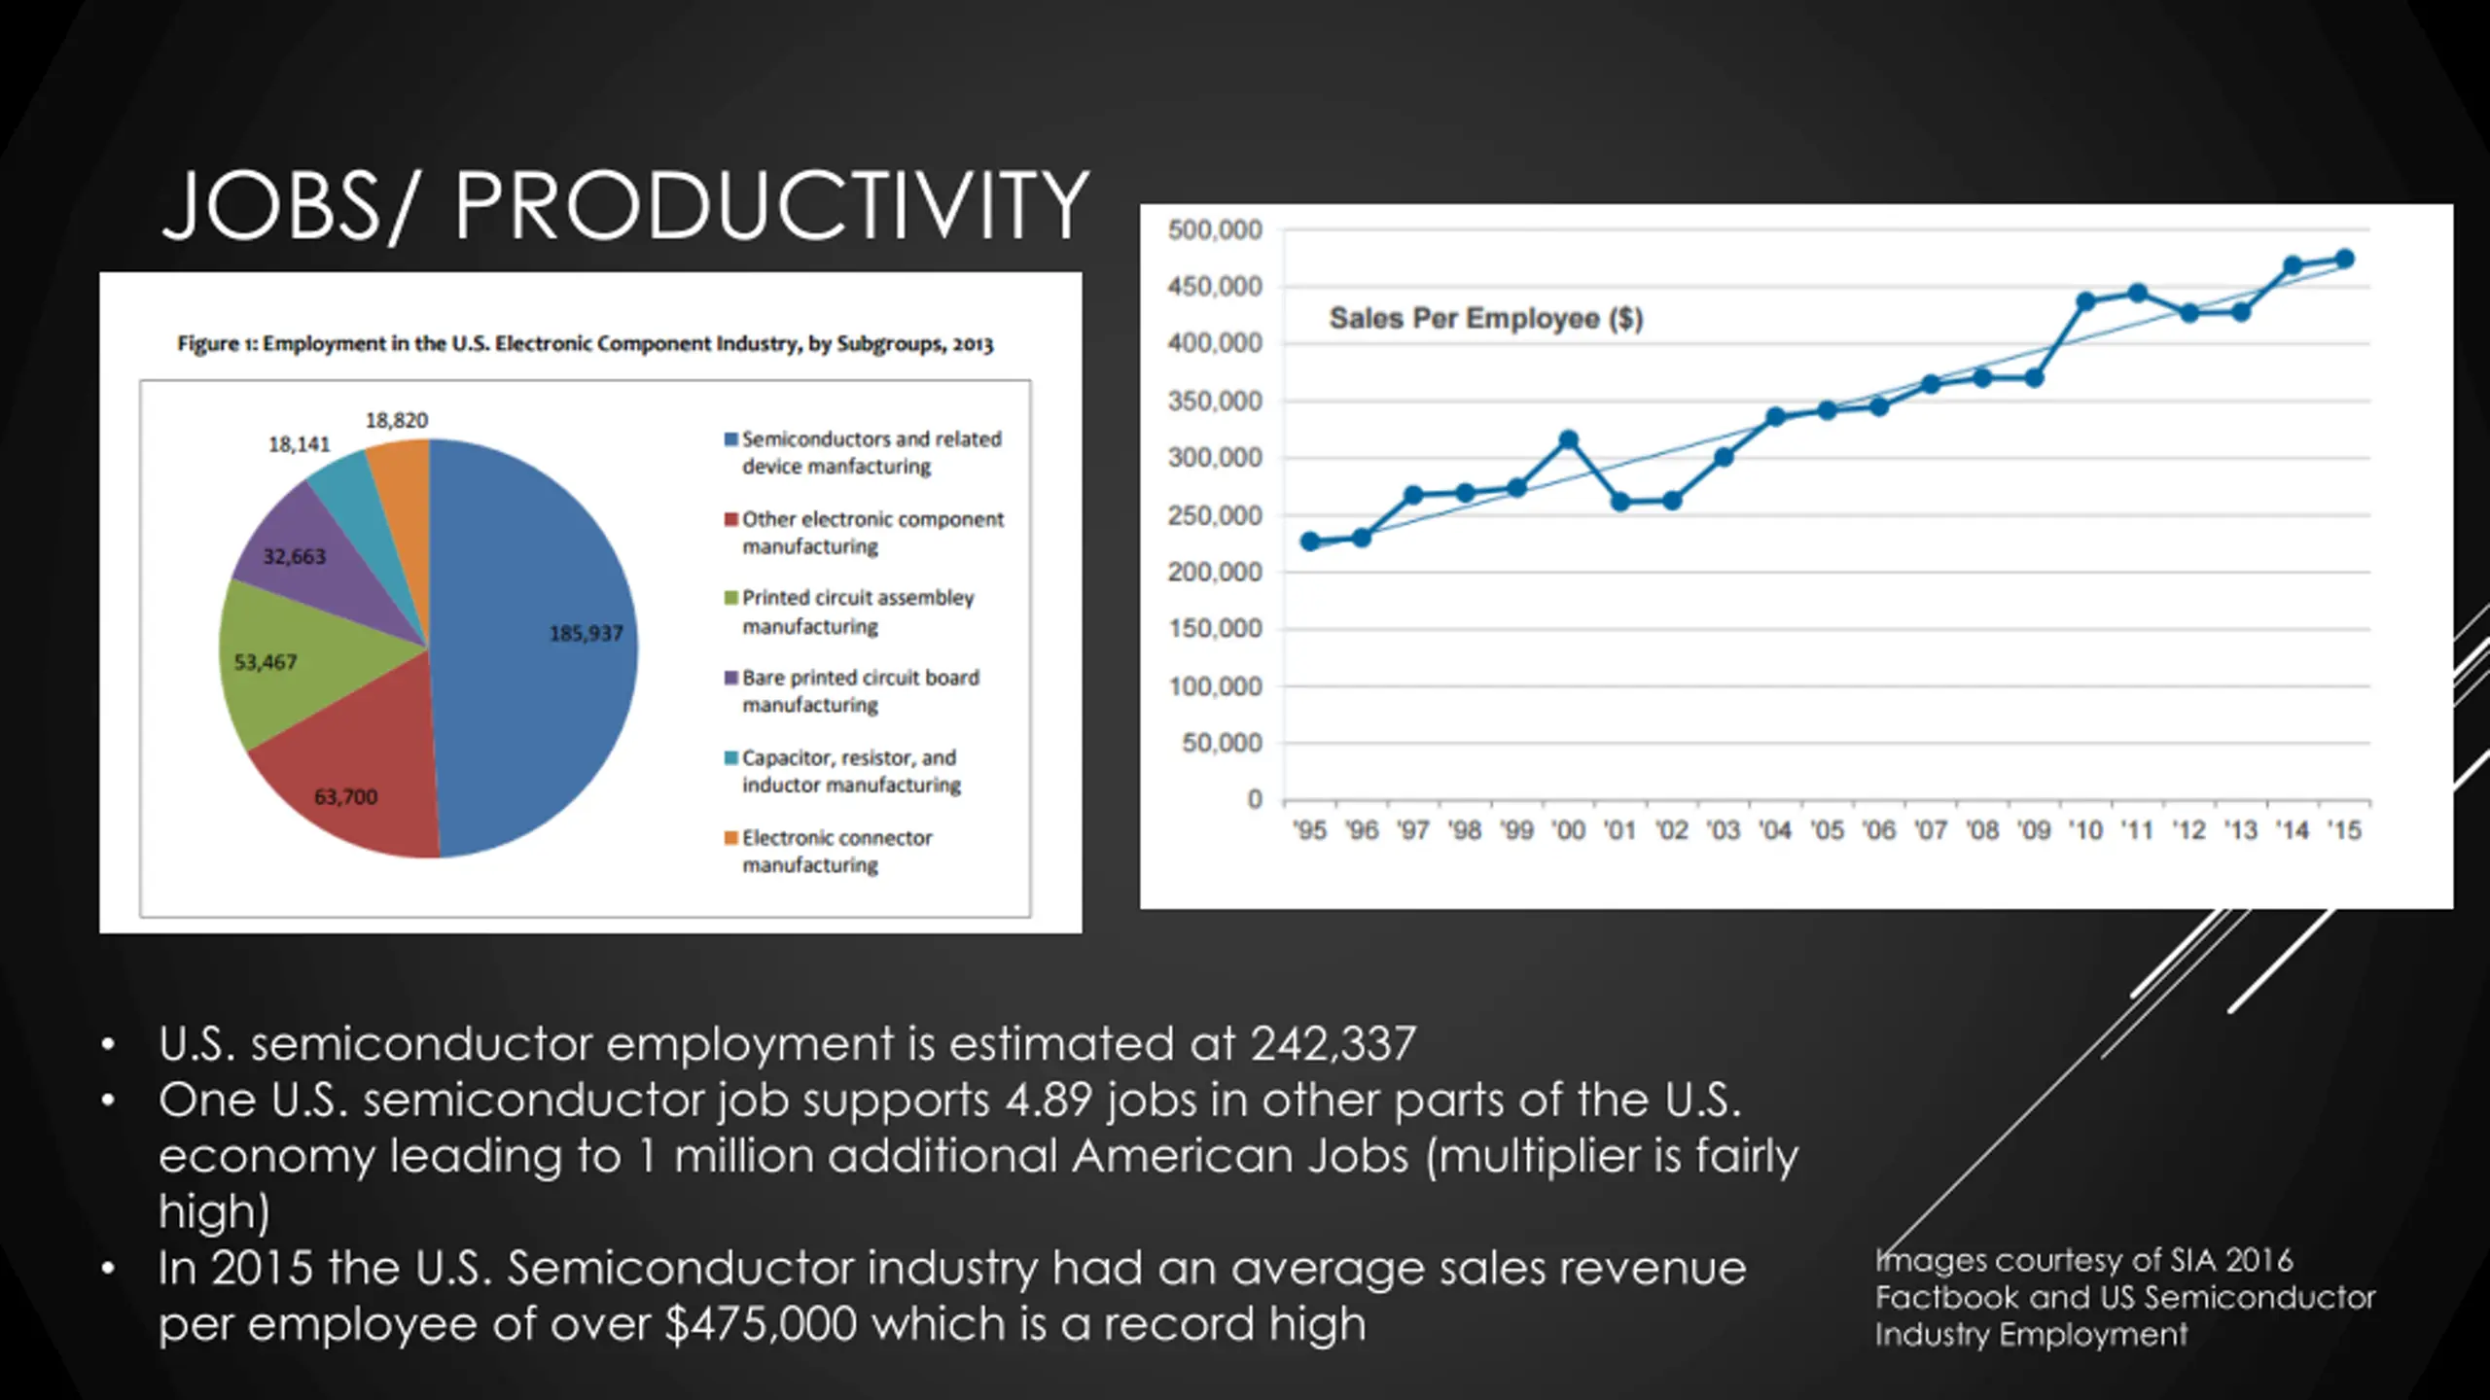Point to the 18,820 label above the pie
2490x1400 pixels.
397,420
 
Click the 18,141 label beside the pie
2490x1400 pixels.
300,444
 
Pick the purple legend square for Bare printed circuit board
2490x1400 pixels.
730,678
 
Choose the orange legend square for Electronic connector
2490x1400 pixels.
730,838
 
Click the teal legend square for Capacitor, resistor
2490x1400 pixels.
730,757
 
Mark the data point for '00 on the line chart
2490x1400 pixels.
1568,439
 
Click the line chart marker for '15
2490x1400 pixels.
2344,259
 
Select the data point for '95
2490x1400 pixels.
1309,542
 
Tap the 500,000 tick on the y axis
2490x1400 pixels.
1215,230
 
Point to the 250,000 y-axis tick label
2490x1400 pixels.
1215,515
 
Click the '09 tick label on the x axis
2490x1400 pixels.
2034,830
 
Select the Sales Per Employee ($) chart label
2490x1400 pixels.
1485,318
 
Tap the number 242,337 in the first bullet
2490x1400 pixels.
1333,1044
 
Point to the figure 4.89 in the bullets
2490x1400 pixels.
1049,1101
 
